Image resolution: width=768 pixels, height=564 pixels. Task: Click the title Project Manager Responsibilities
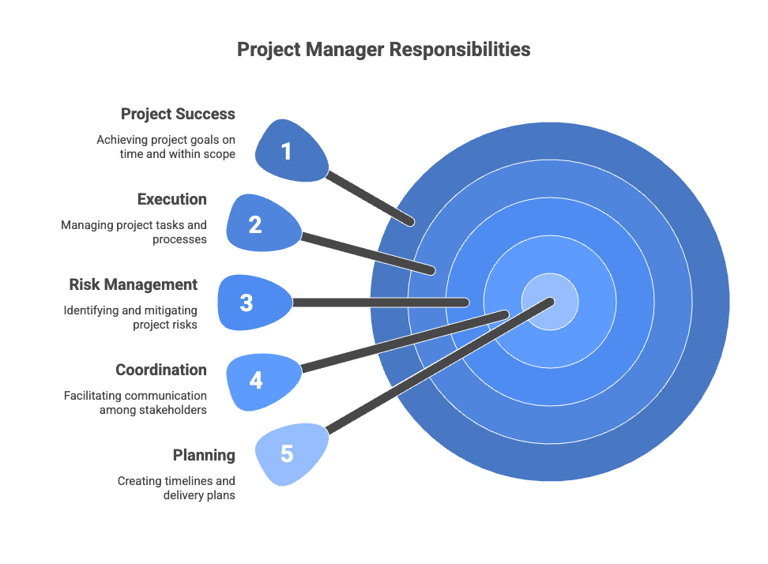pyautogui.click(x=384, y=50)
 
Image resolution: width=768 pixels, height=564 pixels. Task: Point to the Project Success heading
pyautogui.click(x=178, y=115)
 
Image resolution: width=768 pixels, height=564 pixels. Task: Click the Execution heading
pyautogui.click(x=171, y=199)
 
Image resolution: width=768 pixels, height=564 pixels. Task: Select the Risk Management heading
pyautogui.click(x=133, y=284)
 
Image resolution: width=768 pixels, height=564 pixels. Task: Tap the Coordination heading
pyautogui.click(x=161, y=370)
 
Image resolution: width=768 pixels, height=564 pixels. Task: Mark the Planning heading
pyautogui.click(x=204, y=455)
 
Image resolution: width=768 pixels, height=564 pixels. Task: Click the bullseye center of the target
pyautogui.click(x=550, y=302)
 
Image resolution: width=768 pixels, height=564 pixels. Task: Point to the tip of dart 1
pyautogui.click(x=410, y=223)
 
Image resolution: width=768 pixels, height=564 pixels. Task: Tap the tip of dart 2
pyautogui.click(x=431, y=271)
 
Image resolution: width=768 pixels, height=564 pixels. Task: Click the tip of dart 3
pyautogui.click(x=465, y=303)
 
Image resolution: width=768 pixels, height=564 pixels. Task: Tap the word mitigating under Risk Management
pyautogui.click(x=169, y=310)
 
